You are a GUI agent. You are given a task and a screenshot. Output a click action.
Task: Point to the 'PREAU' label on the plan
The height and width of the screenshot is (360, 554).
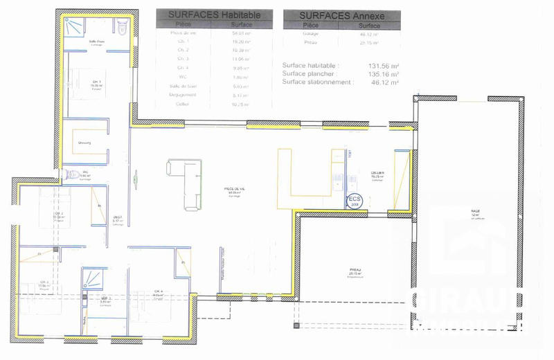pyautogui.click(x=355, y=270)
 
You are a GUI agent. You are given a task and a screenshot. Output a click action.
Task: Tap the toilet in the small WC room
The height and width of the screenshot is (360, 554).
pyautogui.click(x=71, y=174)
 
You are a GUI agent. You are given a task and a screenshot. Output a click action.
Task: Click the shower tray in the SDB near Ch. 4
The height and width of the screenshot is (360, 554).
pyautogui.click(x=92, y=279)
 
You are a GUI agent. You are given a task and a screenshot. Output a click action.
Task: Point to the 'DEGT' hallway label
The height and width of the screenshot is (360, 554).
pyautogui.click(x=118, y=217)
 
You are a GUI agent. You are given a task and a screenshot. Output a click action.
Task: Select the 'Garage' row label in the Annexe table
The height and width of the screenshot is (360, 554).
pyautogui.click(x=310, y=33)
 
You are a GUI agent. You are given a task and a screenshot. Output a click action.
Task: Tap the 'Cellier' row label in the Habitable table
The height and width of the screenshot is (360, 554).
pyautogui.click(x=183, y=104)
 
